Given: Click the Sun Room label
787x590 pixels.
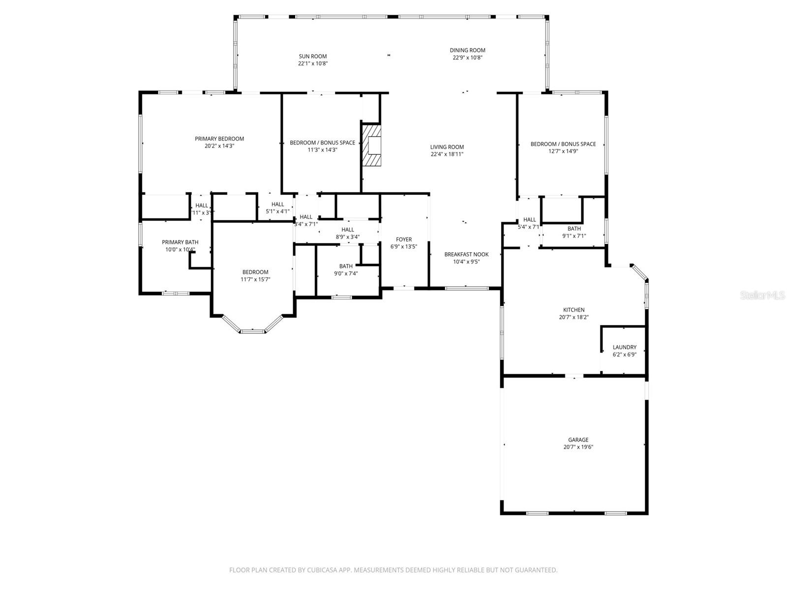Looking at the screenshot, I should pyautogui.click(x=312, y=57).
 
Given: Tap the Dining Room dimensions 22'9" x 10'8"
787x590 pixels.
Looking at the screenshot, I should pyautogui.click(x=467, y=58).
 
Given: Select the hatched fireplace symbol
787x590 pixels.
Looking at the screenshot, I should pyautogui.click(x=372, y=146).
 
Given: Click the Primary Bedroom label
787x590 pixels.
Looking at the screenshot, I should pyautogui.click(x=219, y=139).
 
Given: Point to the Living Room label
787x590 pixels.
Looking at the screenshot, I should pyautogui.click(x=447, y=147).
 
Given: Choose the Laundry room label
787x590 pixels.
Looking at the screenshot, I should pyautogui.click(x=624, y=347).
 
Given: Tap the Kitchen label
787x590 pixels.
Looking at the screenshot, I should pyautogui.click(x=574, y=310).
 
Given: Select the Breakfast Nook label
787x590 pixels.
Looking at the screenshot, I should pyautogui.click(x=466, y=254).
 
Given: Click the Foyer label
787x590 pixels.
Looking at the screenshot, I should pyautogui.click(x=404, y=239).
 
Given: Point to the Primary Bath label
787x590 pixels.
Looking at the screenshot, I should pyautogui.click(x=180, y=242).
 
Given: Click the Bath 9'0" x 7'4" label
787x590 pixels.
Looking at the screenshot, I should pyautogui.click(x=346, y=266).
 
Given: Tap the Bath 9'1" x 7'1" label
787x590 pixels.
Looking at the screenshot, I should pyautogui.click(x=574, y=229).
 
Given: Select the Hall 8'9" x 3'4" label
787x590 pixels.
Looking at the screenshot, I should pyautogui.click(x=348, y=230).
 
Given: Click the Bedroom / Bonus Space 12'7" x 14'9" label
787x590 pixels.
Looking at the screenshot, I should pyautogui.click(x=563, y=144).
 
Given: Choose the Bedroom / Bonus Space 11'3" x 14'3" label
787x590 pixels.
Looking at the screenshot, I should pyautogui.click(x=322, y=143).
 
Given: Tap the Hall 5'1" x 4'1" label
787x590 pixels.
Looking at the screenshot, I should pyautogui.click(x=277, y=205).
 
